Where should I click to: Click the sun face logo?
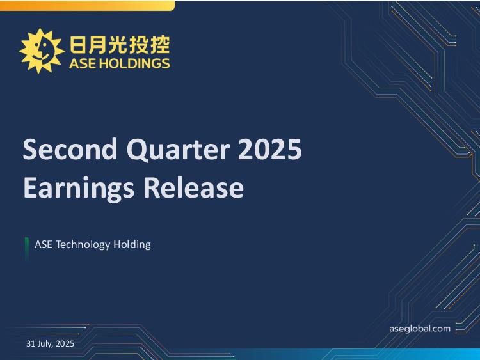[42, 51]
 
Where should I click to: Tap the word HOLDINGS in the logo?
[135, 63]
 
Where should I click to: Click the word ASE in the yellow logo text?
[83, 63]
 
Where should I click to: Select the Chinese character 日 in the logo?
[77, 45]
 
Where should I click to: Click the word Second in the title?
[70, 149]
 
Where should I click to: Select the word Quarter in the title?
[178, 150]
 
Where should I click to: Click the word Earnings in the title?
[79, 189]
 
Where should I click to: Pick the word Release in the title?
[193, 187]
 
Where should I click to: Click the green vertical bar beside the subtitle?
[27, 249]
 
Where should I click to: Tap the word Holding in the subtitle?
[132, 245]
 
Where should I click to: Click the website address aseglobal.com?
[420, 329]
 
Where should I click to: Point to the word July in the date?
[45, 344]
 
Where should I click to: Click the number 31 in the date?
[31, 344]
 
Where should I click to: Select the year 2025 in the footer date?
[65, 344]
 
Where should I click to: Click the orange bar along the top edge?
[87, 6]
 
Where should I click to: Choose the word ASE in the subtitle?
[43, 244]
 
